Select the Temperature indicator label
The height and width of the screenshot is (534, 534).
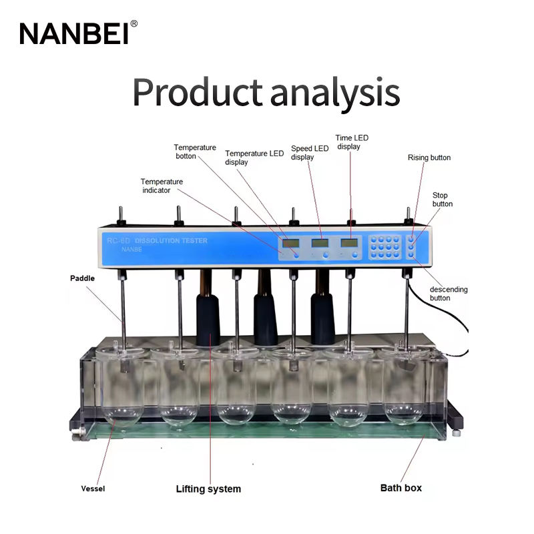(x=162, y=186)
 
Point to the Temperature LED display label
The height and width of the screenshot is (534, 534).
(x=254, y=158)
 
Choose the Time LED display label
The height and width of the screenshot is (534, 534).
(x=352, y=142)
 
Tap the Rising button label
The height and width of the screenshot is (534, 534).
(x=429, y=158)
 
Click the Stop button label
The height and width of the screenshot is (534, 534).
(x=442, y=199)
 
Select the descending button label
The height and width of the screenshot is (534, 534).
(x=448, y=294)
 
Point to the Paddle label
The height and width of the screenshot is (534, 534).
(x=82, y=278)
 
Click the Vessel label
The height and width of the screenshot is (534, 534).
(x=93, y=489)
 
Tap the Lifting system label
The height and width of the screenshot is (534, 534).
(x=208, y=489)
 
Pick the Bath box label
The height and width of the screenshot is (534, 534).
(x=400, y=488)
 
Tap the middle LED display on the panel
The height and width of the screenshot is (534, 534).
(x=320, y=242)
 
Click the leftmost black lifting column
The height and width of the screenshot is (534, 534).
(x=208, y=317)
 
